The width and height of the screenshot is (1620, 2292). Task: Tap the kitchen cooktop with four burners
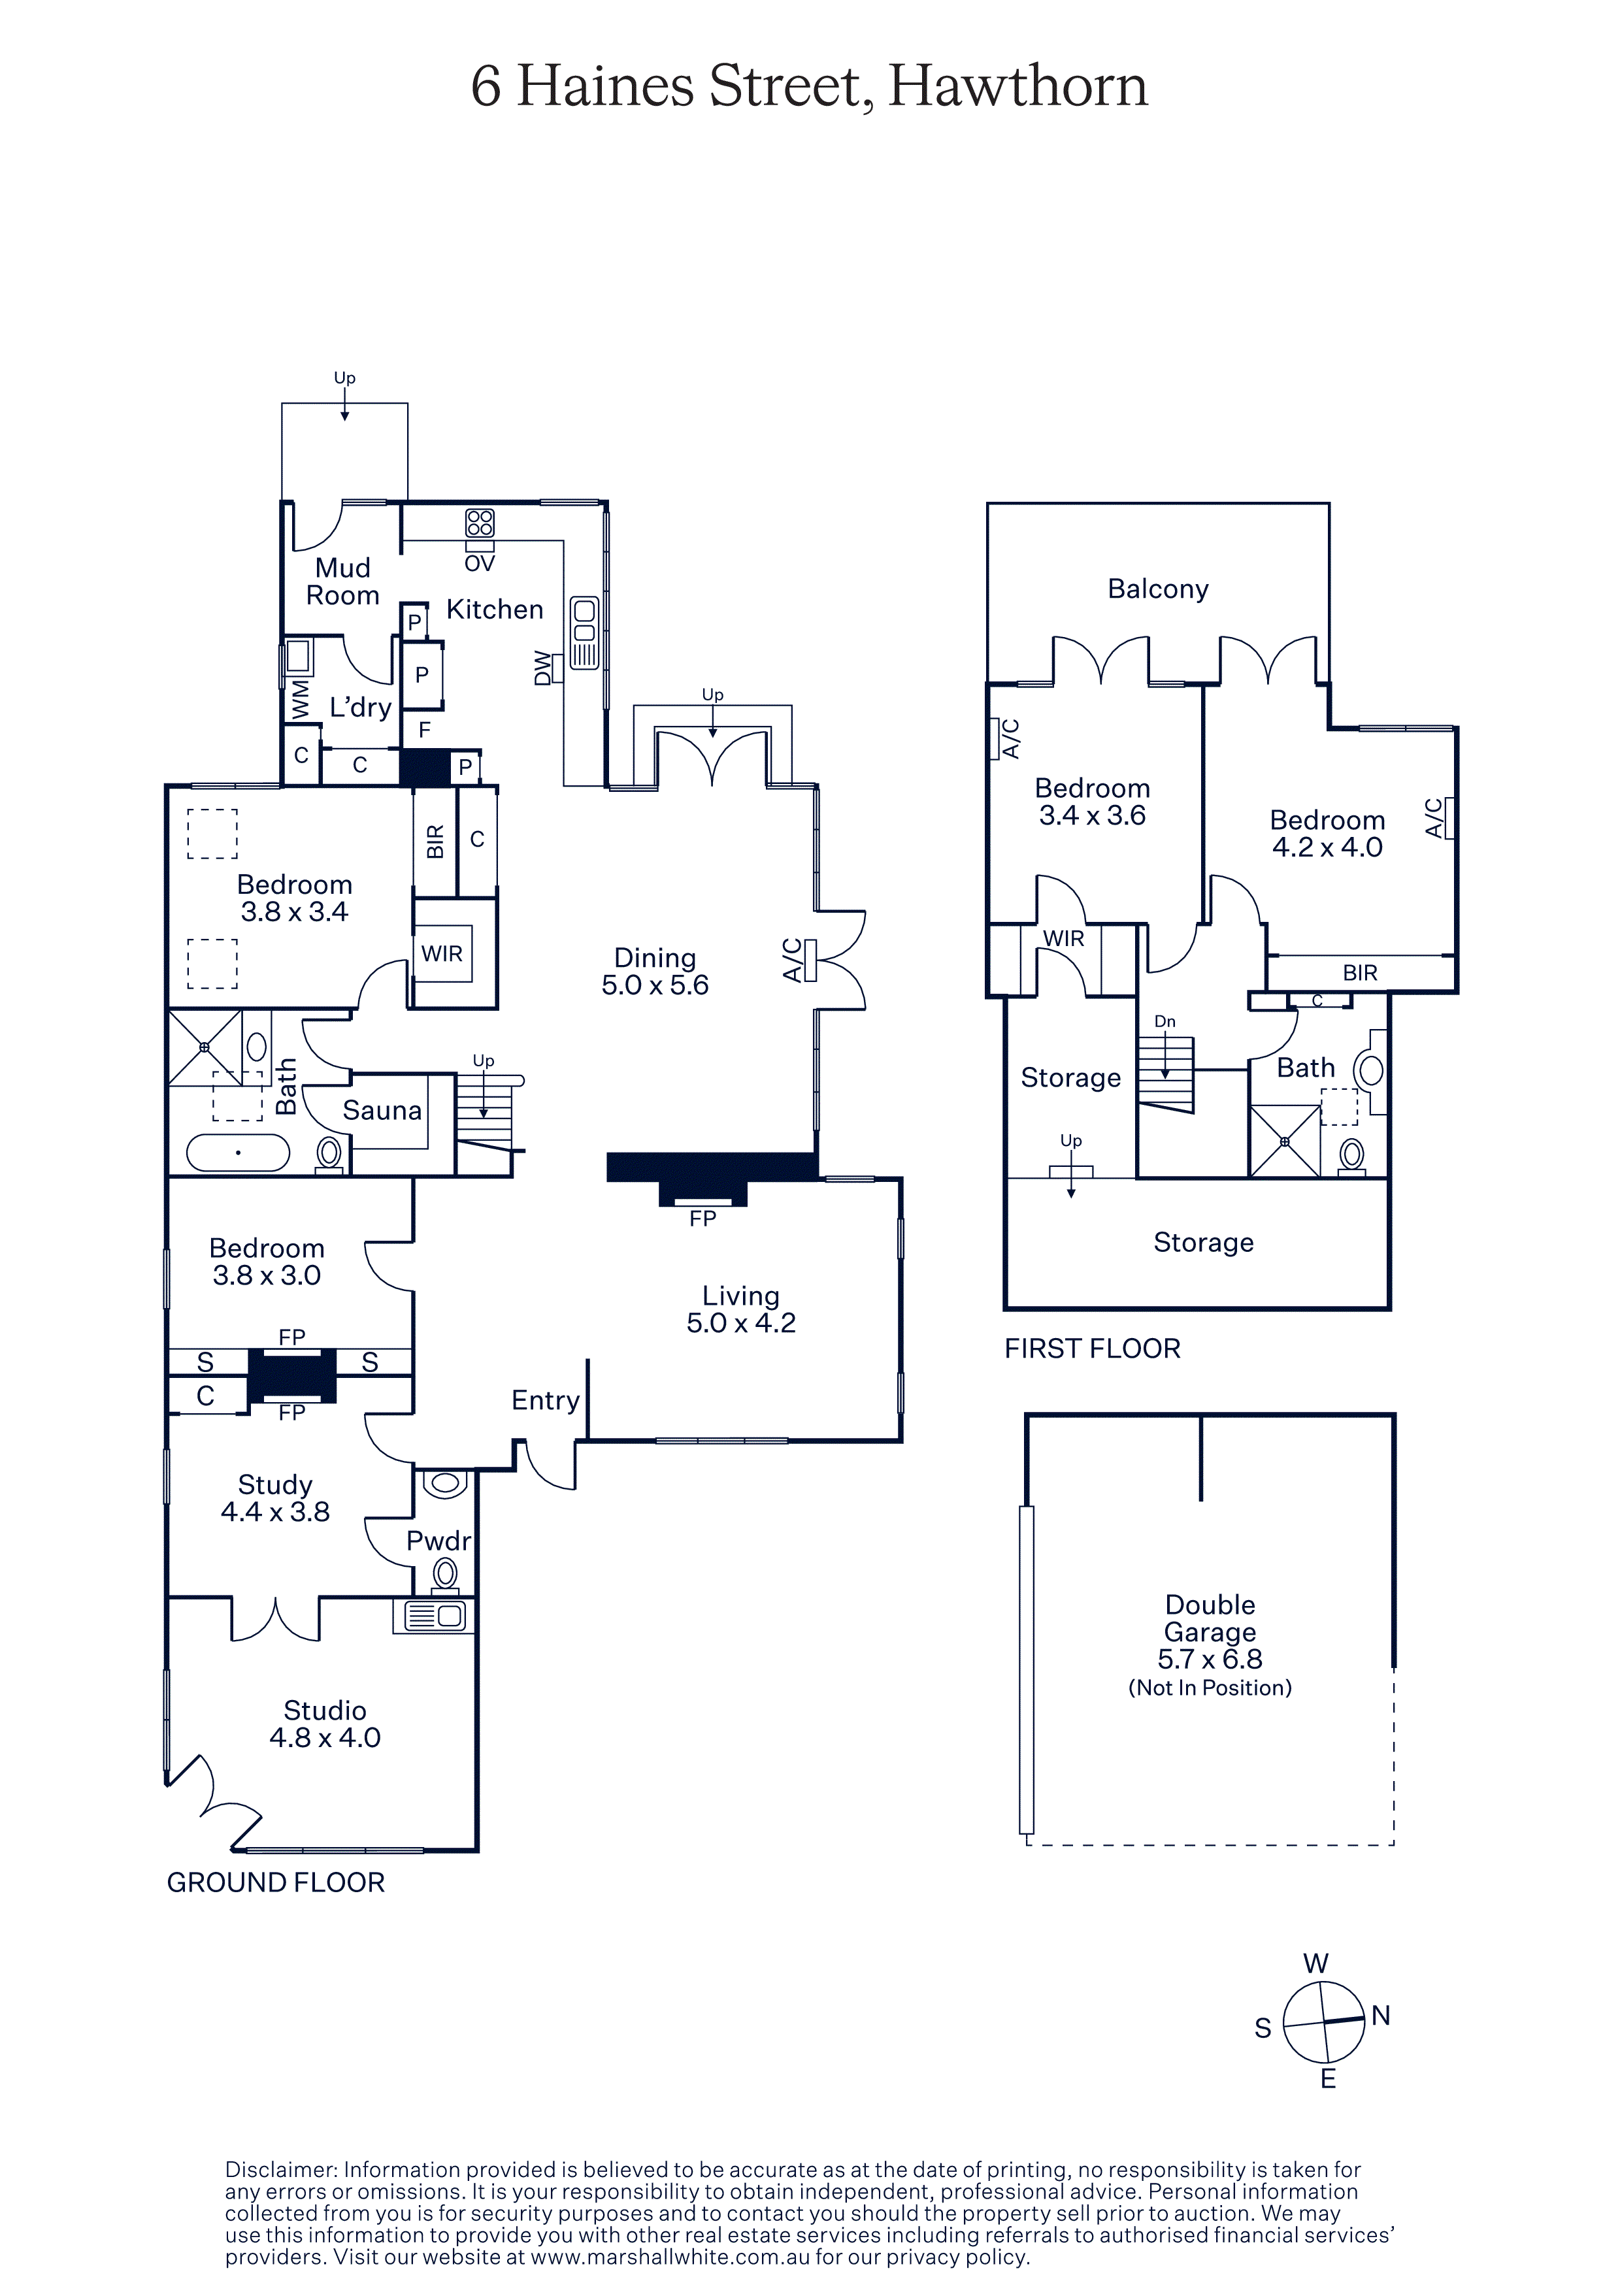point(480,523)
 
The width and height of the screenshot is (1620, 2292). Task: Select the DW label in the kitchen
point(542,668)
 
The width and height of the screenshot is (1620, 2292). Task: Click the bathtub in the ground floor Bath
point(238,1153)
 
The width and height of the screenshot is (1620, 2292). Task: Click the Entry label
point(545,1401)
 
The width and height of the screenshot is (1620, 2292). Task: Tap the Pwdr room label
point(438,1541)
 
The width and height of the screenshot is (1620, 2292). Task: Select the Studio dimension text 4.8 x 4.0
point(325,1737)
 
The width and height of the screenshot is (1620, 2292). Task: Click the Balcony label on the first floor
point(1158,589)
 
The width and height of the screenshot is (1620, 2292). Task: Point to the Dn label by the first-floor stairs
point(1165,1021)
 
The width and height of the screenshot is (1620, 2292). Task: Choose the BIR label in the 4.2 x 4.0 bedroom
point(1359,972)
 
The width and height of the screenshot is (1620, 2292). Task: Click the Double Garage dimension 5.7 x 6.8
point(1210,1659)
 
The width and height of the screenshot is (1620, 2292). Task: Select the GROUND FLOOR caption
point(276,1883)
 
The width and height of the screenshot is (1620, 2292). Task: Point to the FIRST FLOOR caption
point(1092,1349)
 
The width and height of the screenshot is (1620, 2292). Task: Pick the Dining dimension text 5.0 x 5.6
point(655,985)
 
